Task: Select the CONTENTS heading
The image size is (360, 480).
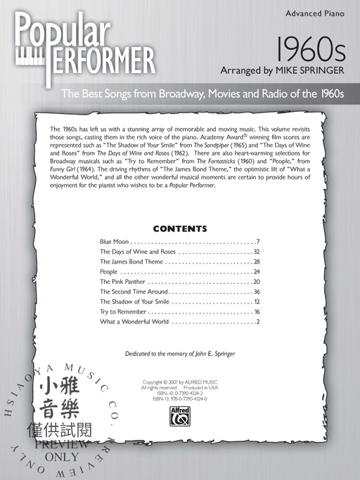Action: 180,228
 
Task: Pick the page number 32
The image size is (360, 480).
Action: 257,251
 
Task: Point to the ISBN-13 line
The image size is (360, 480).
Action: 179,398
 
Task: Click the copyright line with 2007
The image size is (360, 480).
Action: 179,382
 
